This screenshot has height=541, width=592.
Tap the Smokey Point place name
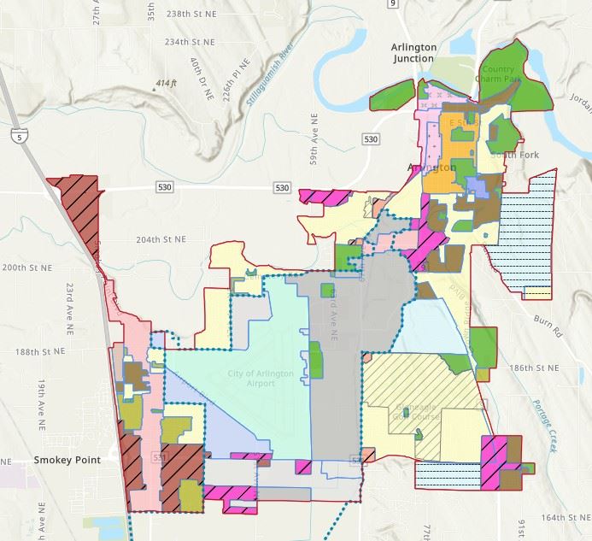pos(67,459)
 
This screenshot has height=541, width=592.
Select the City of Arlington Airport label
pos(251,379)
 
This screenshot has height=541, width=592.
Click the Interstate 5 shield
pos(18,136)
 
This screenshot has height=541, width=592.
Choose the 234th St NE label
pos(188,41)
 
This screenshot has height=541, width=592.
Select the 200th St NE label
pos(26,268)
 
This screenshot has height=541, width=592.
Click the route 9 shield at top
pos(393,4)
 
